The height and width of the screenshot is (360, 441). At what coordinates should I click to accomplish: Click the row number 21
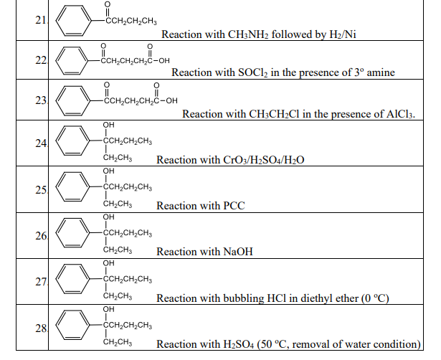[40, 19]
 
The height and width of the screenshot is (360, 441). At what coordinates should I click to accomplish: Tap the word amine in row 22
[381, 73]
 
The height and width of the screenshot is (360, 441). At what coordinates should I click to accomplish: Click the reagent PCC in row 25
[233, 206]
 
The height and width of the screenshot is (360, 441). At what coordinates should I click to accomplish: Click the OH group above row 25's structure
[108, 171]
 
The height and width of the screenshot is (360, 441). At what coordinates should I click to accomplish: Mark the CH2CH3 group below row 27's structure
[117, 295]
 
